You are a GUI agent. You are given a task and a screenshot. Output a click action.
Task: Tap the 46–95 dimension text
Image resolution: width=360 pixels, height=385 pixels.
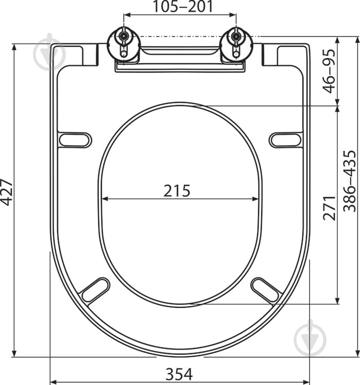(329, 71)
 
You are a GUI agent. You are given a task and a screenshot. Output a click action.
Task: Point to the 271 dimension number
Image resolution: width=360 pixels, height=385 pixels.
(329, 205)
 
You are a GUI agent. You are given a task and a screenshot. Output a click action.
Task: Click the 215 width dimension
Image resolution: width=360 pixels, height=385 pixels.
(177, 190)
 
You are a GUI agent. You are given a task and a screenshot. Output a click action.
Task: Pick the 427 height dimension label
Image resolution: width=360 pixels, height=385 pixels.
(6, 191)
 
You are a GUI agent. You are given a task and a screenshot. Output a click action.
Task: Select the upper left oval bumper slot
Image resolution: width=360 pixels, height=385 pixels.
(75, 139)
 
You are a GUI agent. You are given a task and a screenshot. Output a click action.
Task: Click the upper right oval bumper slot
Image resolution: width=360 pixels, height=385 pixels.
(285, 139)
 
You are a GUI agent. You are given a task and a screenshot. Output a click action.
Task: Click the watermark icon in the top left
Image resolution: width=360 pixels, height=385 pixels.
(49, 51)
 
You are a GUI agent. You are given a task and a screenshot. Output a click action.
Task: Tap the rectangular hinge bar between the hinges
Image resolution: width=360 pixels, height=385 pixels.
(179, 66)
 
